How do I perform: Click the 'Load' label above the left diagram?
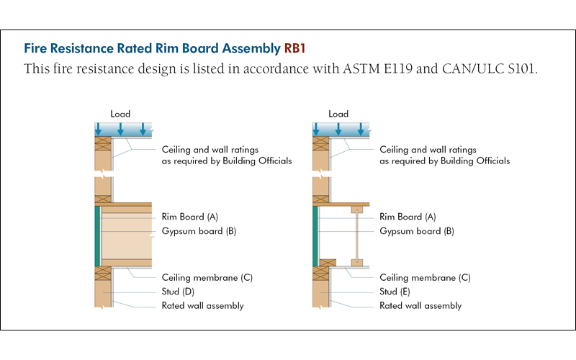[120, 114]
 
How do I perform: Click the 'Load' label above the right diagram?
[338, 114]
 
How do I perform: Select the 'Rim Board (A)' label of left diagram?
[192, 217]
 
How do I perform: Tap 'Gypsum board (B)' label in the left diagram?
[199, 231]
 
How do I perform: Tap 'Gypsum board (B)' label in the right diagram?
[416, 231]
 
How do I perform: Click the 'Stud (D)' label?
[178, 292]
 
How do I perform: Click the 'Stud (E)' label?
[396, 292]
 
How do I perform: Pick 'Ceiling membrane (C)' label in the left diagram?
[207, 277]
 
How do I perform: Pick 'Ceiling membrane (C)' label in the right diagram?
[425, 277]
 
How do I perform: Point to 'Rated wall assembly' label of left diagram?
[202, 305]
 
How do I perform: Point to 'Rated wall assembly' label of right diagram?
[420, 305]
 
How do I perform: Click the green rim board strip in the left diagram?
[97, 236]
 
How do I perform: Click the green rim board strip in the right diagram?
[315, 236]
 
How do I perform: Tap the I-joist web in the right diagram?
[356, 236]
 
